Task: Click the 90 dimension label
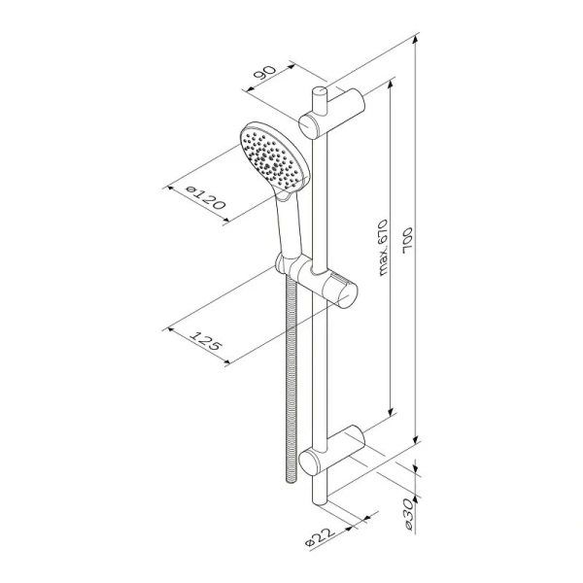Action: point(265,73)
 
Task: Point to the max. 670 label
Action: point(383,247)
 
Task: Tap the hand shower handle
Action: point(288,225)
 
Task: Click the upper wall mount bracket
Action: point(332,113)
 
